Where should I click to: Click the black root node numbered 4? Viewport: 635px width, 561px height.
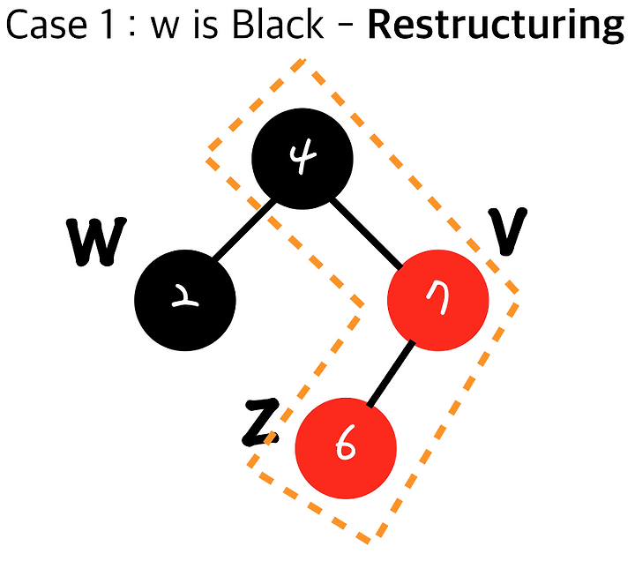click(303, 159)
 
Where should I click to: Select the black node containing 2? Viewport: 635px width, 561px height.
click(185, 300)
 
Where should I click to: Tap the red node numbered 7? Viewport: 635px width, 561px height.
click(438, 300)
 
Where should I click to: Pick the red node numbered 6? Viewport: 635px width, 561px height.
click(346, 448)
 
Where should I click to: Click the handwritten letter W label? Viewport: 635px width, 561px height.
click(96, 242)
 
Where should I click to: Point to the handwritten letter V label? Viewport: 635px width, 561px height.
click(507, 232)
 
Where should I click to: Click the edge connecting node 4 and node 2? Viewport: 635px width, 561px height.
click(244, 230)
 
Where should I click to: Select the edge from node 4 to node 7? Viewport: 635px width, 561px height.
click(366, 233)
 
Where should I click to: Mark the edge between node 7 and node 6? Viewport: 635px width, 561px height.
click(391, 373)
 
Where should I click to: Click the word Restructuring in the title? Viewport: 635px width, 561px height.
click(496, 26)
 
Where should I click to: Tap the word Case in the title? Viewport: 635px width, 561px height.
click(47, 26)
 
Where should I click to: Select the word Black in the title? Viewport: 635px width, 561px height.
click(279, 25)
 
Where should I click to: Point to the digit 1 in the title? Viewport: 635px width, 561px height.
click(108, 26)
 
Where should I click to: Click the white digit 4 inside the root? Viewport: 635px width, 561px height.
click(303, 156)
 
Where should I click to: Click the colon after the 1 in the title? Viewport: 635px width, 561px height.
click(132, 29)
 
